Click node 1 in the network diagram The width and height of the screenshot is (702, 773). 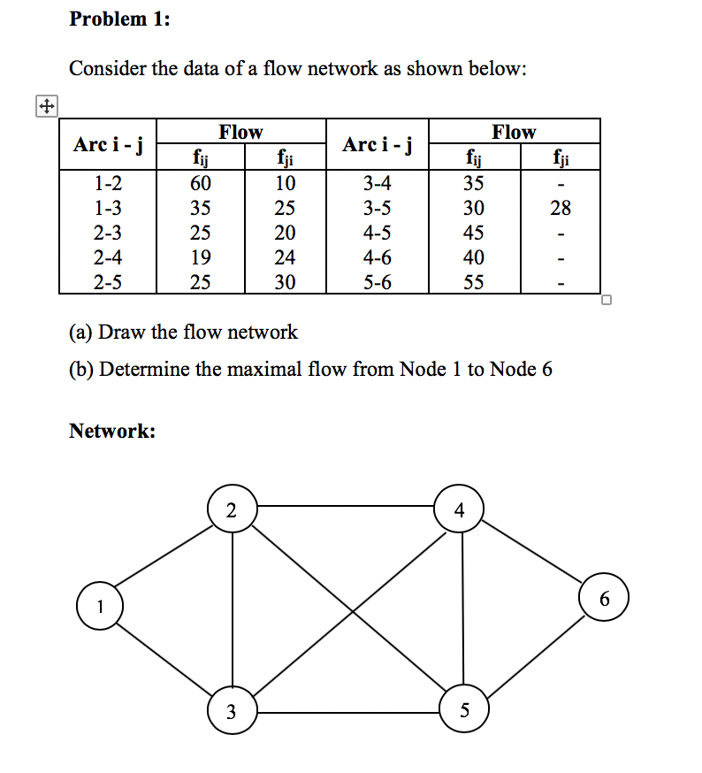pos(100,607)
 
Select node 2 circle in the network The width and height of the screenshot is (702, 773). pos(232,509)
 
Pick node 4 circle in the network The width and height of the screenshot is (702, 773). pos(458,509)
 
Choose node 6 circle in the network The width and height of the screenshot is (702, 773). pos(605,598)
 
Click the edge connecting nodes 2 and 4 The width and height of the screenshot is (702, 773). pos(345,507)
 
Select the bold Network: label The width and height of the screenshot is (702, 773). pos(112,431)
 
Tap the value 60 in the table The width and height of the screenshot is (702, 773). pos(201,184)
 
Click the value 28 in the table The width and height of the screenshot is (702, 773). pos(561,209)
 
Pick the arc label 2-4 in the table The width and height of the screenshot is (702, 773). pos(107,258)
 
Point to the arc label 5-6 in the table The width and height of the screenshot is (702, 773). pos(378,283)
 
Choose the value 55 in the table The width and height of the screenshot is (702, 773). pos(474,283)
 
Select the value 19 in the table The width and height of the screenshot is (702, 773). pos(201,258)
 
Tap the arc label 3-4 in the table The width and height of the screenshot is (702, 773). pos(378,184)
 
